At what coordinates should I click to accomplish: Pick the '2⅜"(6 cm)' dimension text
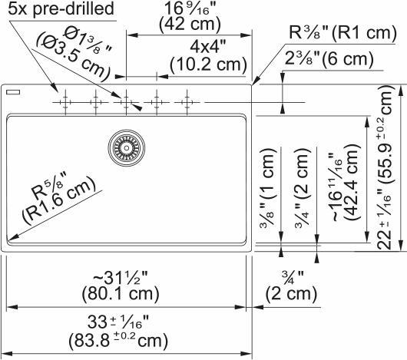[328, 59]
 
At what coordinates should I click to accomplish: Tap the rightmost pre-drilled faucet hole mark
[187, 101]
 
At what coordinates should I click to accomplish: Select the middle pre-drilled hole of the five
[125, 101]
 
